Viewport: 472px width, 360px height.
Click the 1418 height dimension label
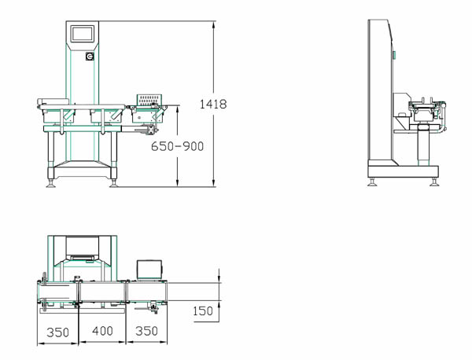(x=213, y=104)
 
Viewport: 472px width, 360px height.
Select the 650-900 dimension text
(x=177, y=146)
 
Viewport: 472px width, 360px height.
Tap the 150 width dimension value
(x=203, y=311)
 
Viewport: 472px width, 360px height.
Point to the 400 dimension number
(x=102, y=331)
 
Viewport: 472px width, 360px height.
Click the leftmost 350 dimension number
(x=57, y=332)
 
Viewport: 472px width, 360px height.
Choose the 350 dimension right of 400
(x=146, y=331)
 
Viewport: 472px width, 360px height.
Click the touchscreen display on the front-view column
(x=83, y=34)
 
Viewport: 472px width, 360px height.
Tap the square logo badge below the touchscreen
(x=90, y=57)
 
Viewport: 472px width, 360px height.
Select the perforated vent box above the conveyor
(x=149, y=100)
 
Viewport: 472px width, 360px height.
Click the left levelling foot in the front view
(x=50, y=183)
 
